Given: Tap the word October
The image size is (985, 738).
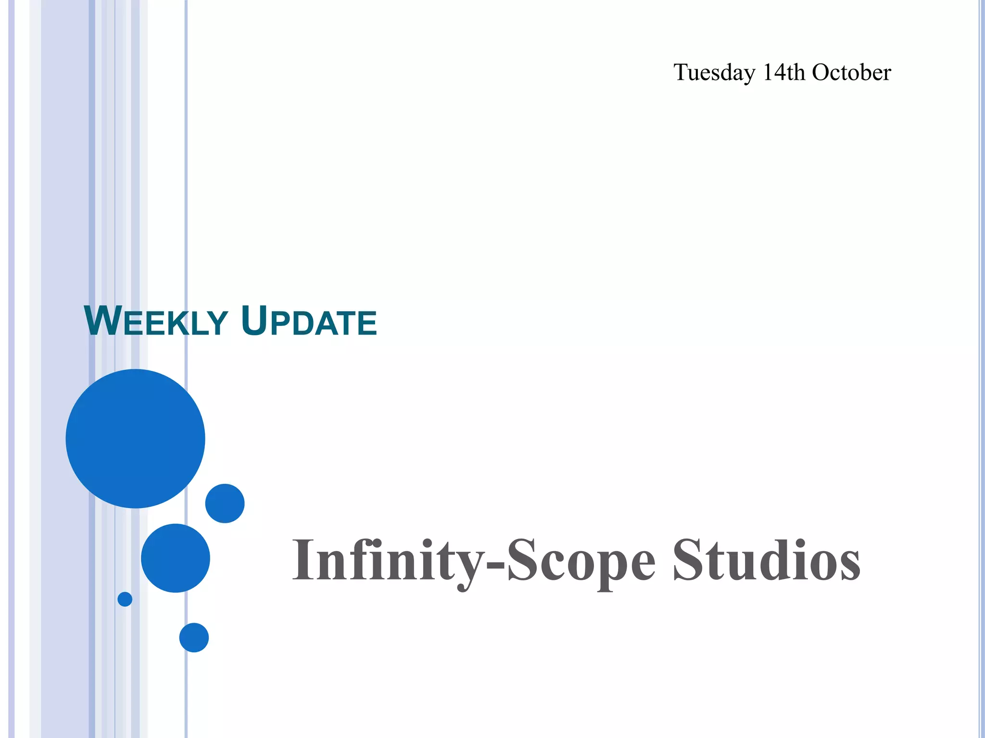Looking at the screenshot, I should coord(851,72).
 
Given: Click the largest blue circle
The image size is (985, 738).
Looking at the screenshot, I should coord(136,438).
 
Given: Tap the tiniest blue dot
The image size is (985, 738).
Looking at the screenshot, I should coord(125,599).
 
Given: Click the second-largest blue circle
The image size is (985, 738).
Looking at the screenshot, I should coord(176,558).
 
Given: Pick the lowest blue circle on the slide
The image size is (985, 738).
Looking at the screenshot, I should coord(194,638).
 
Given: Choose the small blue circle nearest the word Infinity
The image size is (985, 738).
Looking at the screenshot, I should coord(225,503).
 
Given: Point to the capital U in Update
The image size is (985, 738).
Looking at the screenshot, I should coord(254,321).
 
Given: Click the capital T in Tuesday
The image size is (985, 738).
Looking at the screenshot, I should coord(682,72).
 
